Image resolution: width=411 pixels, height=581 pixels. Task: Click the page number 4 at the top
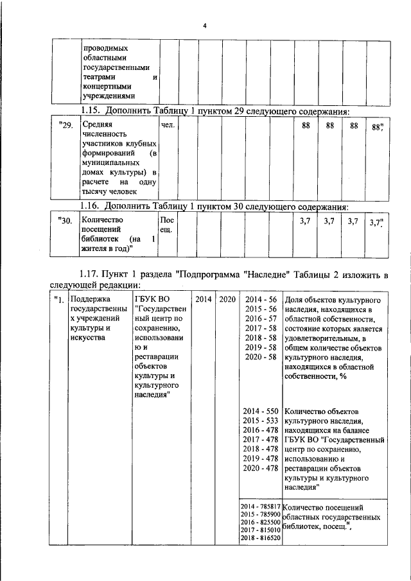(204, 26)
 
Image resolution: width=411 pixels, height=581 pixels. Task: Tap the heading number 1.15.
(91, 111)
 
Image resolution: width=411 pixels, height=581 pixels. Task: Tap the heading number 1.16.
(91, 207)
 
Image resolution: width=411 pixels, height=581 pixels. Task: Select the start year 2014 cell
(203, 299)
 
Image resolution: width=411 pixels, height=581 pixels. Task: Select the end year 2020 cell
(226, 299)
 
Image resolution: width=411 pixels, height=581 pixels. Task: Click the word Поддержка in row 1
(91, 299)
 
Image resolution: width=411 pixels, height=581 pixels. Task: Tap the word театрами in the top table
(101, 76)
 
